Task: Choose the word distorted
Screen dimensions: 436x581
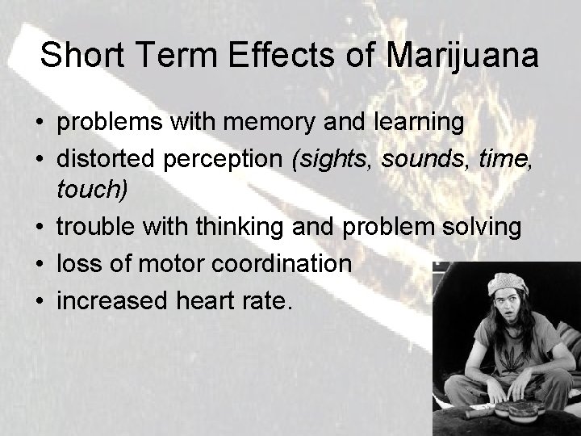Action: pyautogui.click(x=108, y=158)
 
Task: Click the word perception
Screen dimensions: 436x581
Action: pyautogui.click(x=236, y=158)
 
